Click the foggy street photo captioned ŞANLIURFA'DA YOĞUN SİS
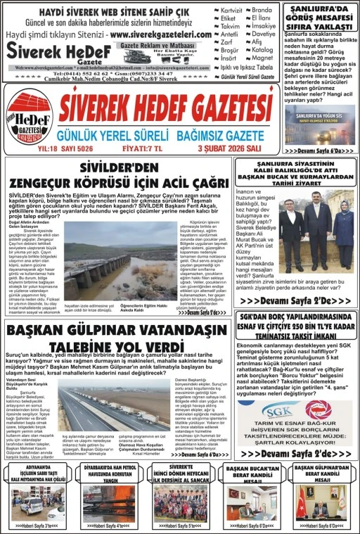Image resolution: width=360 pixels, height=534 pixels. (x=320, y=125)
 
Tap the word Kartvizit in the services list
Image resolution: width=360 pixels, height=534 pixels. (x=231, y=11)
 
